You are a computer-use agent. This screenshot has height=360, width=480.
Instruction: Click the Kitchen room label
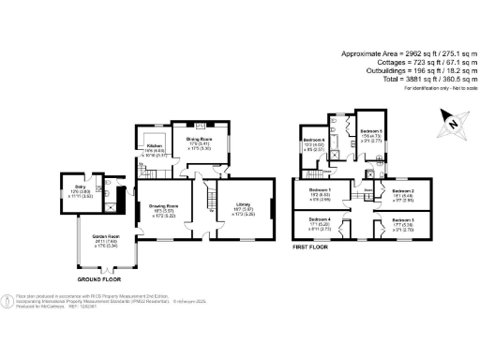pyautogui.click(x=155, y=147)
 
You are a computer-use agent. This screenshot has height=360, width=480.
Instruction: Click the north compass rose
pyautogui.click(x=454, y=119)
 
